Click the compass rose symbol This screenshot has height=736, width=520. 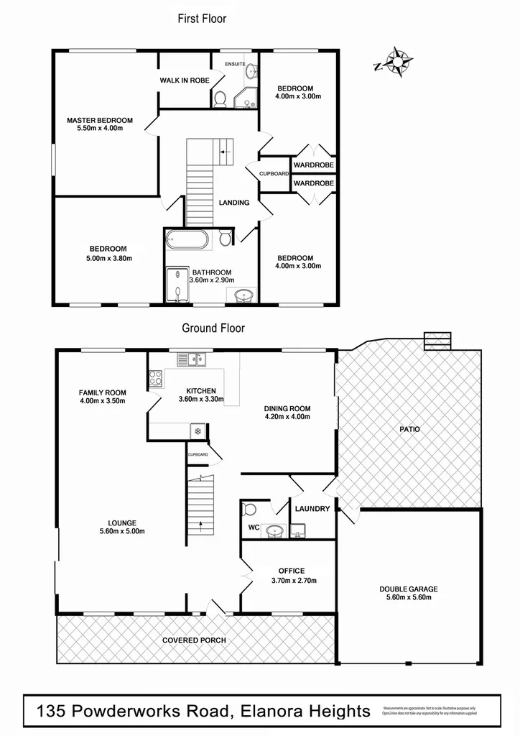point(395,62)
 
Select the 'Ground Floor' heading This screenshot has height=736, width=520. point(213,328)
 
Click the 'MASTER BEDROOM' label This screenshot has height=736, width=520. point(100,120)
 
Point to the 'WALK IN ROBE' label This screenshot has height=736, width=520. point(185,80)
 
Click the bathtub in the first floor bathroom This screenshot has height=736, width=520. point(187,239)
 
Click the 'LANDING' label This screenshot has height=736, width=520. point(234,203)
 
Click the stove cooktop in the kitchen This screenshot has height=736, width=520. point(156,378)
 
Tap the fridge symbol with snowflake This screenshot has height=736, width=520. point(197,431)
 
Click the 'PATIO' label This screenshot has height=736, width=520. point(410,429)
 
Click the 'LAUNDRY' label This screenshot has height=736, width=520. point(312,509)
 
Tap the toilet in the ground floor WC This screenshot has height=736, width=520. point(250,510)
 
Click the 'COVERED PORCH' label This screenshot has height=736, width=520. point(194,640)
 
